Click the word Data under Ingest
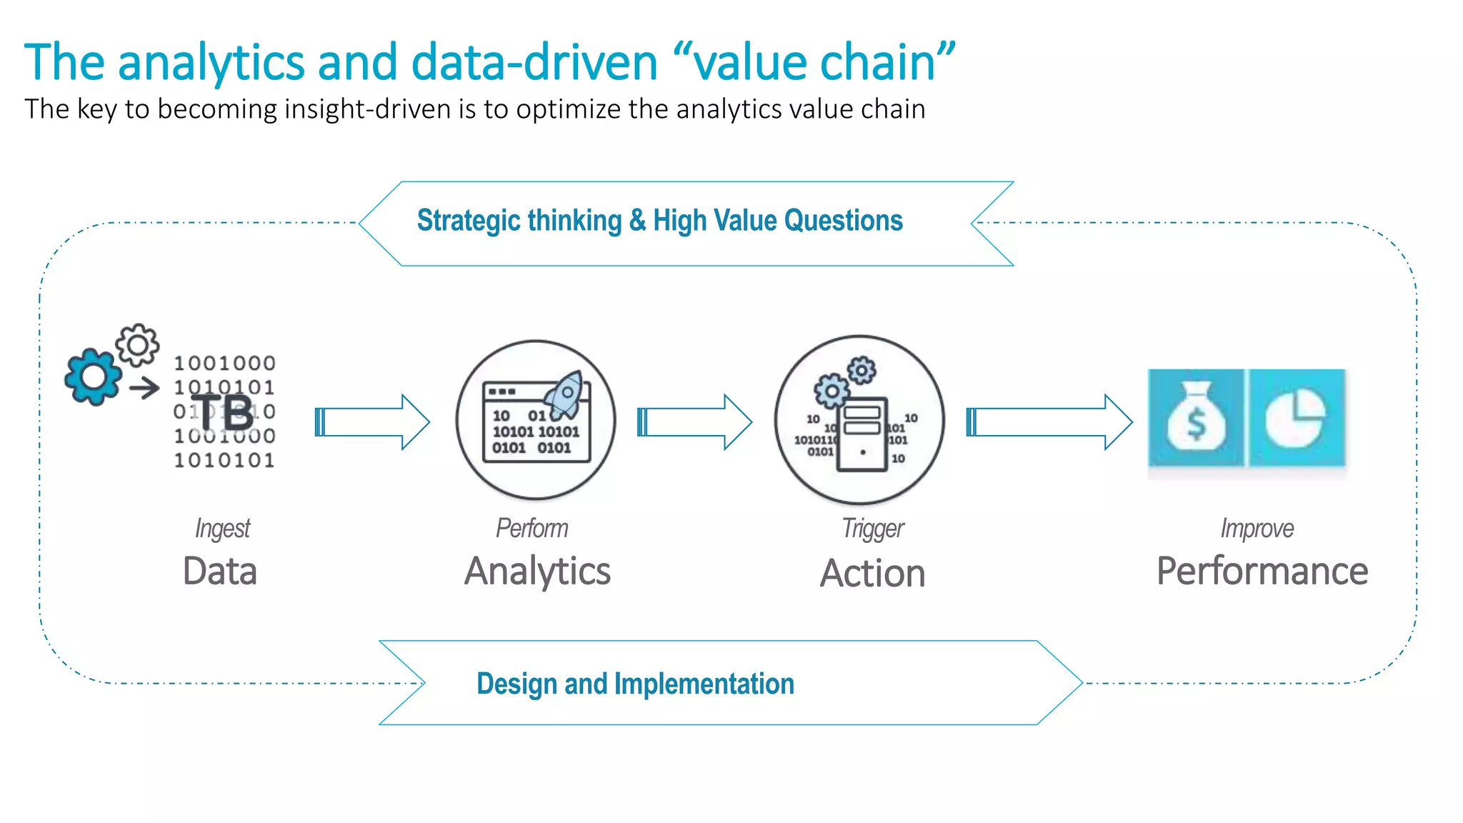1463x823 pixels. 219,572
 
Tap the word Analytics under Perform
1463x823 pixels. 537,572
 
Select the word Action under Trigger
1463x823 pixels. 872,574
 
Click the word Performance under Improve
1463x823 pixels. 1262,572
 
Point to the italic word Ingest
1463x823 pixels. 222,529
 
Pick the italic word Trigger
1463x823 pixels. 872,529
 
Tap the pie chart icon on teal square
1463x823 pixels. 1295,418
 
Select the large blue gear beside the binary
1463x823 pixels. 93,376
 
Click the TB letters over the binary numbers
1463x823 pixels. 223,412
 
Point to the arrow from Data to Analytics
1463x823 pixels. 372,422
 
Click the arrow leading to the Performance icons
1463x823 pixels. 1049,422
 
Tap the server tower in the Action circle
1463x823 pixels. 862,434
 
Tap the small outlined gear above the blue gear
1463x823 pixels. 137,345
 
